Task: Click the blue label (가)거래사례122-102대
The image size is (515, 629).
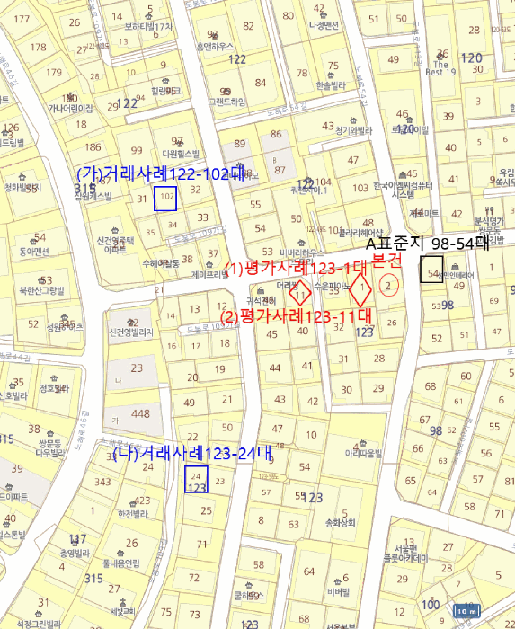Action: tap(160, 172)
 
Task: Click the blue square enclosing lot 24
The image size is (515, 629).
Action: tap(196, 479)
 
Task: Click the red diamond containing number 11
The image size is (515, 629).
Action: tap(303, 291)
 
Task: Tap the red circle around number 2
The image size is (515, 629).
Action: tap(388, 286)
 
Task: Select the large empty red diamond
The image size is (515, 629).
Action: tap(360, 290)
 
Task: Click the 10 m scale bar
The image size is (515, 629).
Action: tap(466, 611)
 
